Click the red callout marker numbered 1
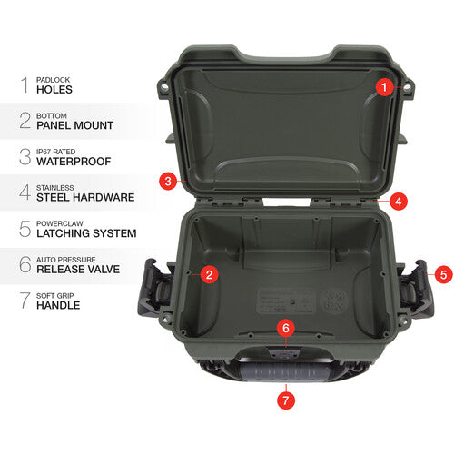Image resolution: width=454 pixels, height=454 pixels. (x=384, y=87)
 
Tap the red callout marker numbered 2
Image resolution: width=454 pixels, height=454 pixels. (x=209, y=273)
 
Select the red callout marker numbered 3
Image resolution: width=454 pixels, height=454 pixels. (x=167, y=180)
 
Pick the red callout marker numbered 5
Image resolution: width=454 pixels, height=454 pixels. (x=442, y=272)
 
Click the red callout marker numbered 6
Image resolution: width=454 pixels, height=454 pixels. (x=286, y=326)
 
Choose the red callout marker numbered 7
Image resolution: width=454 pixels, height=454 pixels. (x=286, y=398)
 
